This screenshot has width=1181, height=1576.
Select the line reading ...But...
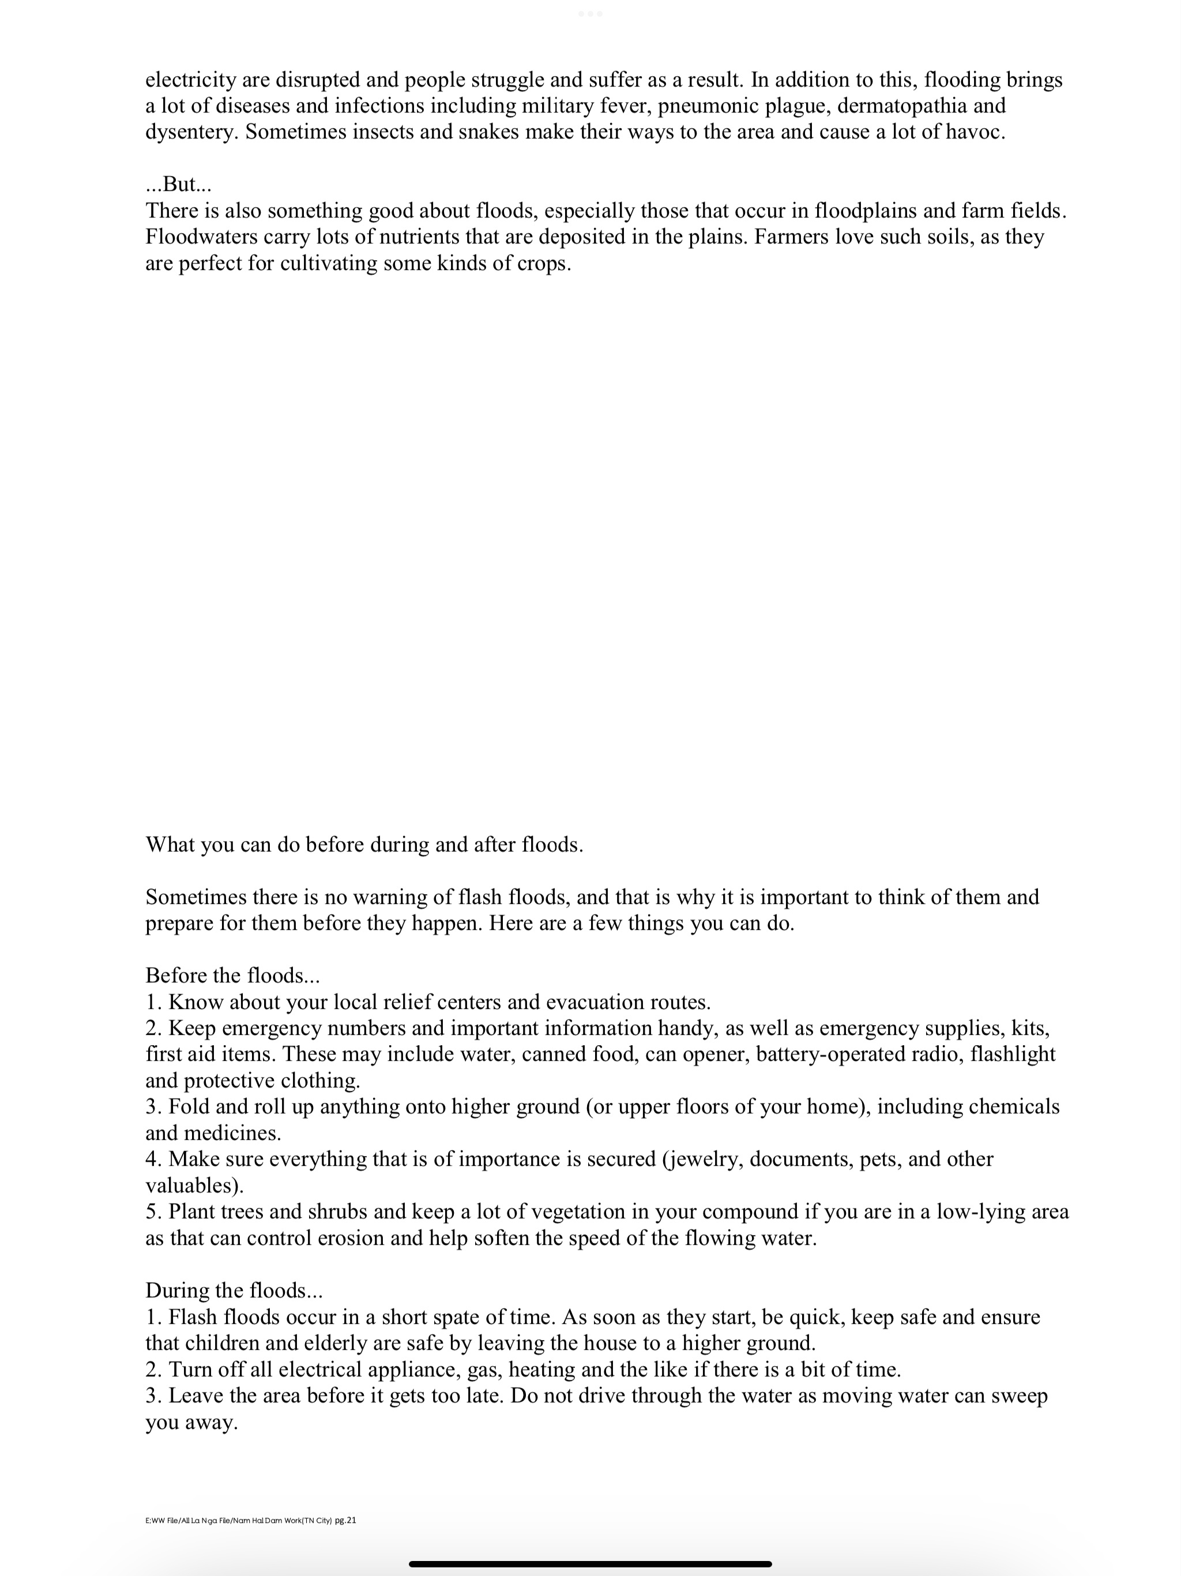tap(179, 185)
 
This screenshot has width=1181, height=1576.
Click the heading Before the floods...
tap(232, 975)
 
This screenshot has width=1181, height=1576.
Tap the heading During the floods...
tap(234, 1290)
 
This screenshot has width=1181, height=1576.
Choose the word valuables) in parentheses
tap(194, 1185)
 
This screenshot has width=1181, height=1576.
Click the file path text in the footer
tap(239, 1521)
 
